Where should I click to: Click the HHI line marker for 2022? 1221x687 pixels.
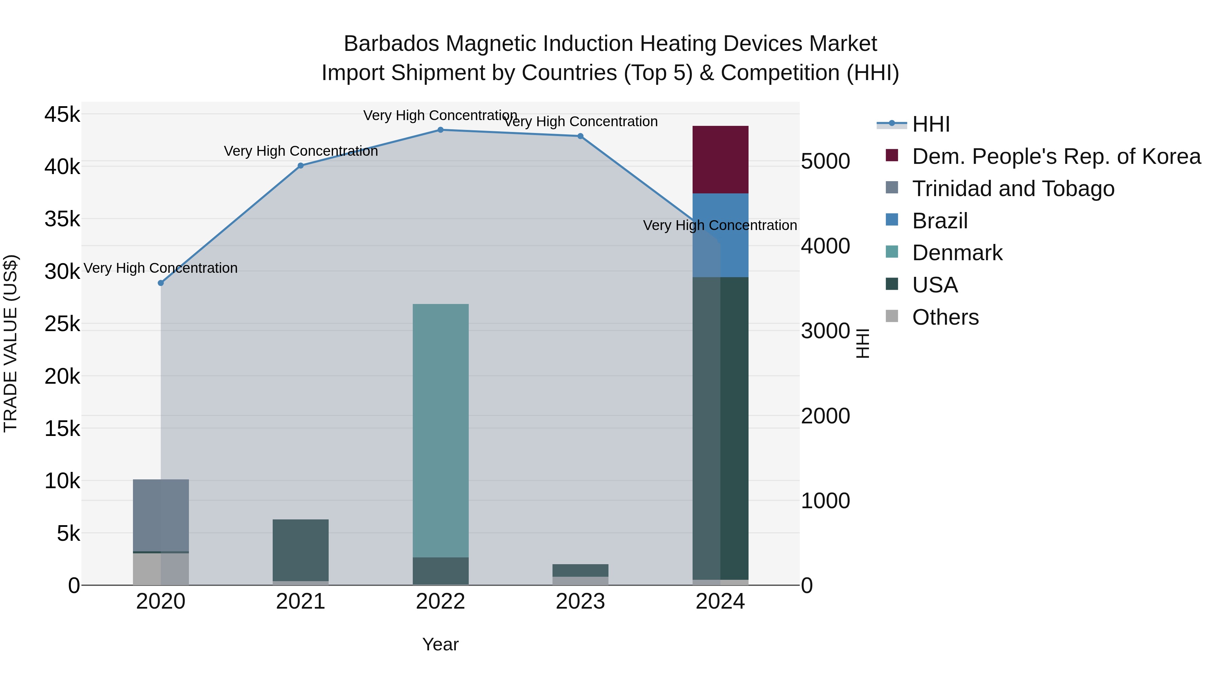pos(440,130)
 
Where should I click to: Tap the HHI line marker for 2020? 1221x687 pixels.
pos(161,283)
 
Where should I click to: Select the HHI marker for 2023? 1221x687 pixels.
pos(580,136)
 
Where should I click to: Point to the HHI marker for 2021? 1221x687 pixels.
pos(301,166)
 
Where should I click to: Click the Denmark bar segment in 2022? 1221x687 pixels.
pos(440,430)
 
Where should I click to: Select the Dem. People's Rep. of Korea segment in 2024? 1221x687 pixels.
pos(720,159)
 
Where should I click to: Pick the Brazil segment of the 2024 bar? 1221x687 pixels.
pos(720,235)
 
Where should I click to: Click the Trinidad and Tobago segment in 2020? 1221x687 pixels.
pos(161,515)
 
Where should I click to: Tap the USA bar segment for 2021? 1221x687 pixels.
pos(301,550)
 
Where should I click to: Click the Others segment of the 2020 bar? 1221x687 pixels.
pos(161,569)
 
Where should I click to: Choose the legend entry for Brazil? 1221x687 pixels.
pos(939,221)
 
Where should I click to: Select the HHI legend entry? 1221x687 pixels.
pos(930,124)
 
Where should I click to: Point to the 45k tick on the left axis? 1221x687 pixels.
pos(62,115)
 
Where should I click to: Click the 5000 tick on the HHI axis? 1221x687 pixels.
pos(825,161)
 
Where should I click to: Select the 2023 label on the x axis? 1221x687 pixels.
pos(580,602)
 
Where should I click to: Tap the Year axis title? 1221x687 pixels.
pos(440,644)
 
